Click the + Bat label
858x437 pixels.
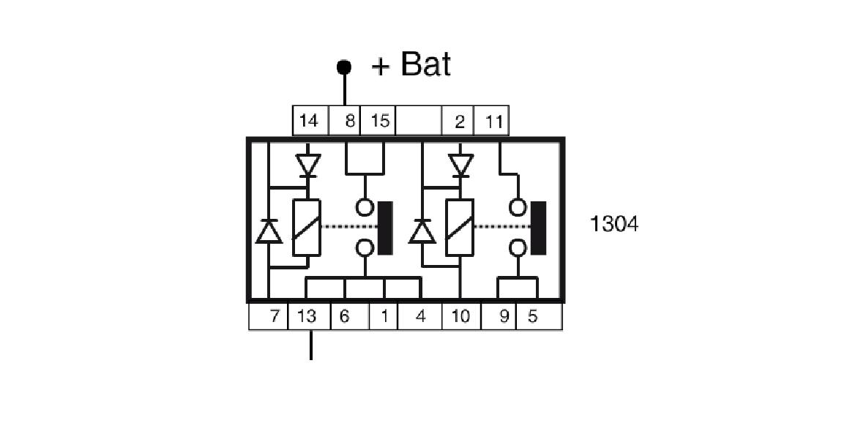coord(411,65)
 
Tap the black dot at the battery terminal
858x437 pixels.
coord(344,67)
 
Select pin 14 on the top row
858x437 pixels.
coord(310,121)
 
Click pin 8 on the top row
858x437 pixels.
coord(350,121)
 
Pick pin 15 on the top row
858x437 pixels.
coord(379,121)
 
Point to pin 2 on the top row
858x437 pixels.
coord(459,121)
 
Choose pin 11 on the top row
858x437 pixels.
coord(493,121)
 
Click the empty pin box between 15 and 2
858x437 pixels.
coord(419,121)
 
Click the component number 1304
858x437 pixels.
coord(614,224)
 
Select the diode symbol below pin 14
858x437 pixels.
coord(307,165)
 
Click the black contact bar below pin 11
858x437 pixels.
coord(540,228)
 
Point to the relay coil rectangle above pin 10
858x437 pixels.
coord(460,228)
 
